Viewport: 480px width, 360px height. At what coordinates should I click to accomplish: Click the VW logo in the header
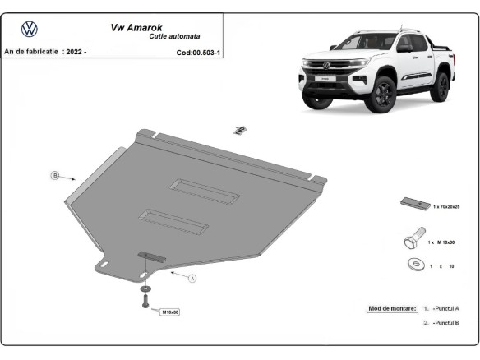[x=29, y=29]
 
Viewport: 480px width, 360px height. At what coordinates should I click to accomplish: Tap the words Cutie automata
[x=175, y=36]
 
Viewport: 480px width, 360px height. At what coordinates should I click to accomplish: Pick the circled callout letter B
[x=55, y=175]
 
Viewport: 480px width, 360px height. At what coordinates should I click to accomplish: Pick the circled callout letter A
[x=192, y=279]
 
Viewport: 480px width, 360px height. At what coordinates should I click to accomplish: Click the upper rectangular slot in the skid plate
[x=204, y=192]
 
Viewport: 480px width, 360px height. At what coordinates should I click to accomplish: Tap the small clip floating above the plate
[x=240, y=129]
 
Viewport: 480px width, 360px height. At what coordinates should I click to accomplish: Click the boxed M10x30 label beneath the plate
[x=170, y=312]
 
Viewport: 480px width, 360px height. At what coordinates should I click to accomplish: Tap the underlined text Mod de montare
[x=392, y=308]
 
